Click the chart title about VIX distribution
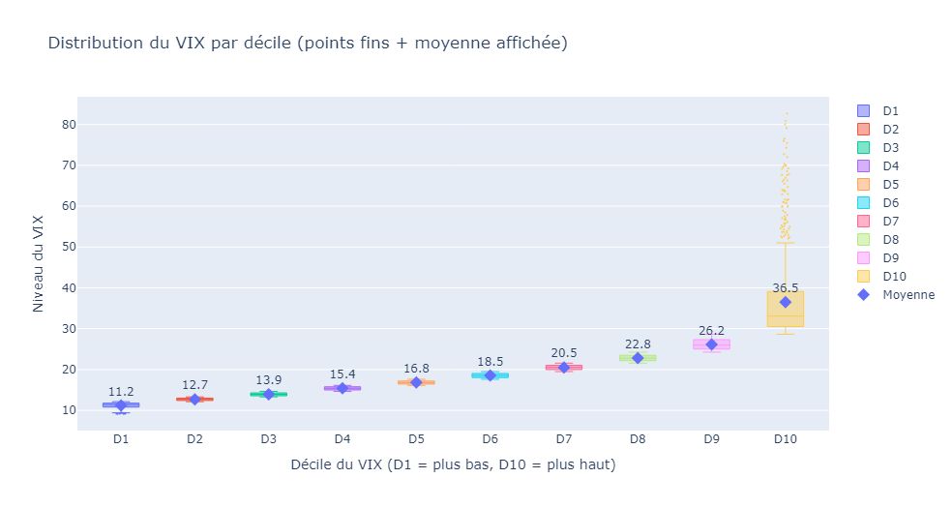[x=308, y=44]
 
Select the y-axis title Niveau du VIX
[x=39, y=264]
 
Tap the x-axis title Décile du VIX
[x=453, y=465]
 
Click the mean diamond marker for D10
[x=786, y=302]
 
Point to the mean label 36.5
[x=786, y=287]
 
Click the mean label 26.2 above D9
[x=711, y=330]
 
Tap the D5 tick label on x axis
[x=416, y=439]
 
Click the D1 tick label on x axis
[x=121, y=439]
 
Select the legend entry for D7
[x=891, y=222]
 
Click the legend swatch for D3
[x=864, y=148]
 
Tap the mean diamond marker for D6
[x=490, y=375]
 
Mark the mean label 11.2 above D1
[x=121, y=391]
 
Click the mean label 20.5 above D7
[x=564, y=353]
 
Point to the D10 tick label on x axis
[x=786, y=439]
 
